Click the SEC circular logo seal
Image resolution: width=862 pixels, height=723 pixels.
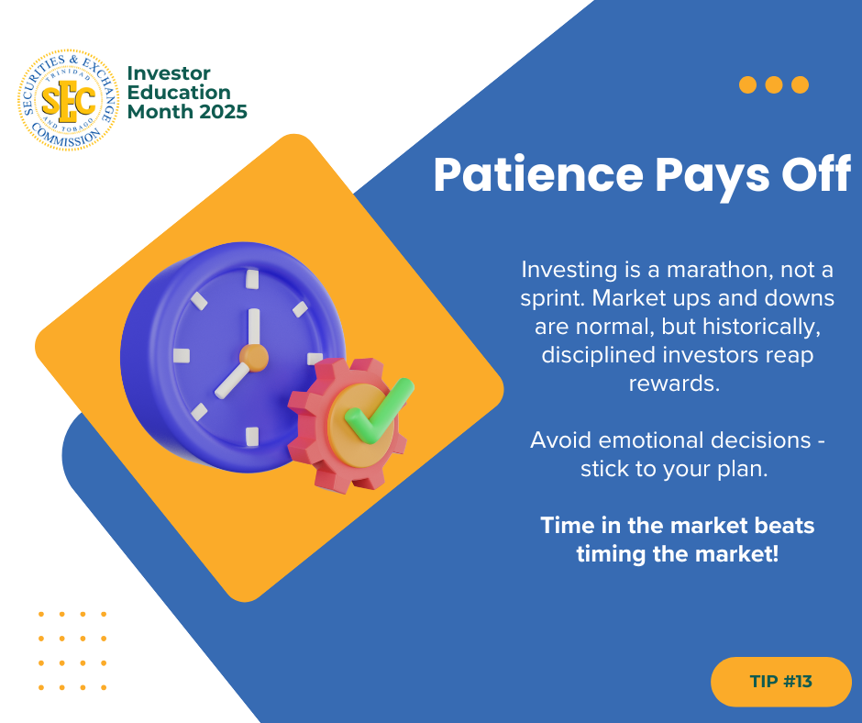click(x=68, y=100)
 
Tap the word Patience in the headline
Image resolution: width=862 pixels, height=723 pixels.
click(x=538, y=174)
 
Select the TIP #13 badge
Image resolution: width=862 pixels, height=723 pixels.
click(x=780, y=681)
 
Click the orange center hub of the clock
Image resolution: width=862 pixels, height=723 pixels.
click(x=254, y=358)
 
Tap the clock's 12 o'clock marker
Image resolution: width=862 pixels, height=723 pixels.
click(x=252, y=279)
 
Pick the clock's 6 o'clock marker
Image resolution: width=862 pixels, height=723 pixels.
click(x=252, y=437)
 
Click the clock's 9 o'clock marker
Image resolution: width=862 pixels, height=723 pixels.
click(x=182, y=356)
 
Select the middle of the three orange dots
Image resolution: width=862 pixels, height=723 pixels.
click(x=773, y=84)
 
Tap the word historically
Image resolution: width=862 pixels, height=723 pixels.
click(x=762, y=327)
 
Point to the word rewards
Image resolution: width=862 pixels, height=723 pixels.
click(x=674, y=383)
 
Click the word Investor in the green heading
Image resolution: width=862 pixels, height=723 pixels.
click(x=169, y=73)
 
